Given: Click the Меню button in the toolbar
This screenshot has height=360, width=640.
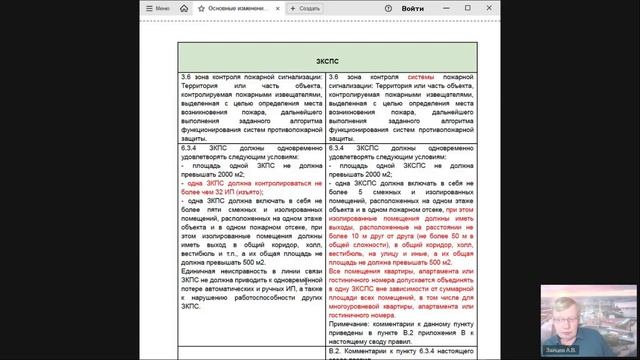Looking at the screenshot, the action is coord(157,7).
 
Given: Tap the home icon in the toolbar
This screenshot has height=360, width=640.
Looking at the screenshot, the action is coord(187,7).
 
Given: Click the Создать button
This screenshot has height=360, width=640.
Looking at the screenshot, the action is coord(303,7).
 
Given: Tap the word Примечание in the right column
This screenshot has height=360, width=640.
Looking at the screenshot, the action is coord(353,322).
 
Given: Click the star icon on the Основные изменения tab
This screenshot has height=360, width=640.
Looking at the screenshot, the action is coord(202,7).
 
